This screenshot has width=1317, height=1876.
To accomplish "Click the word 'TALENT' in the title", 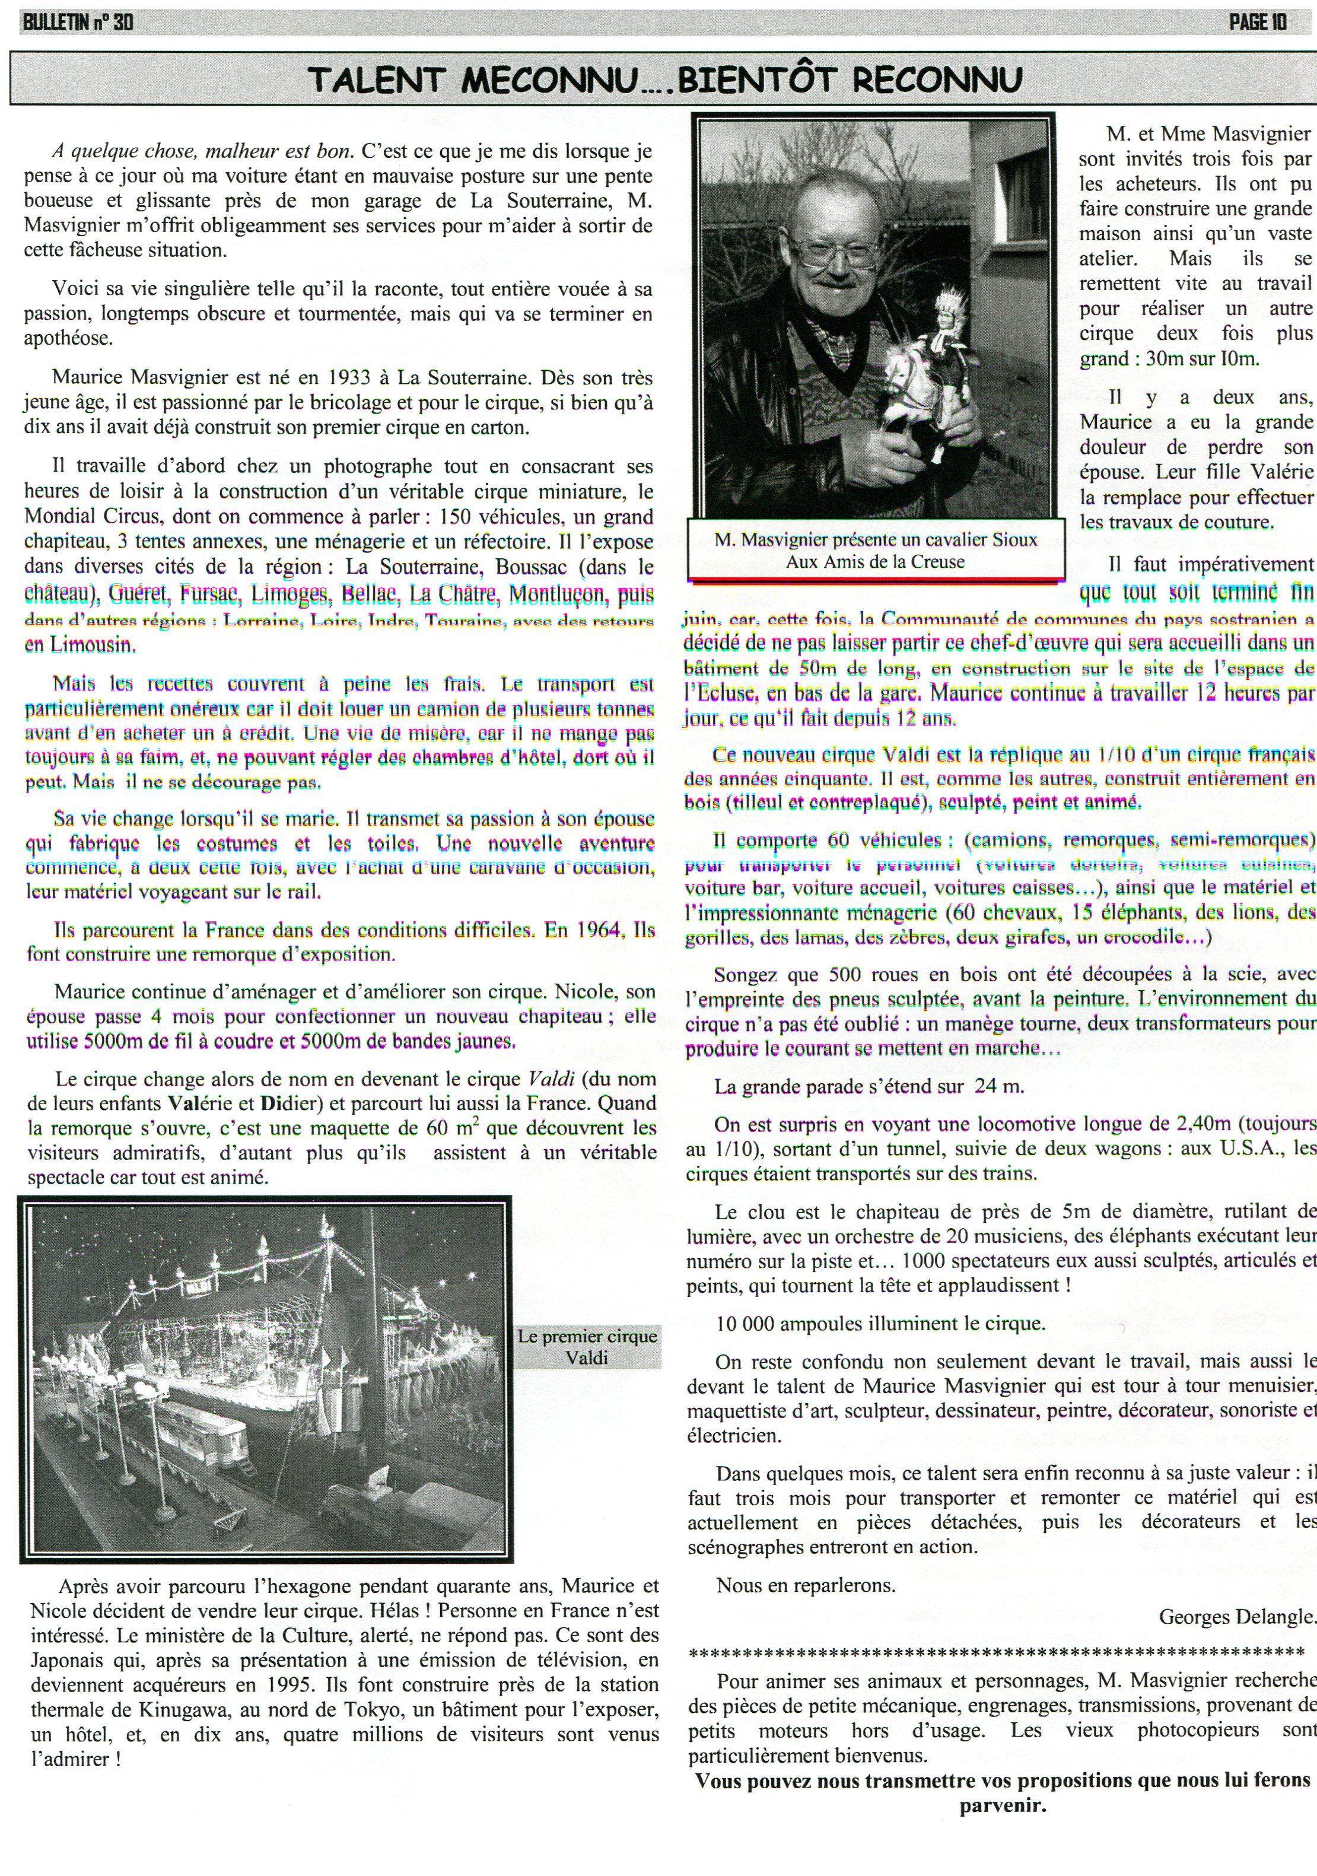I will tap(375, 80).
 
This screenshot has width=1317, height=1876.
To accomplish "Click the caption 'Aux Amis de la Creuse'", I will tap(875, 561).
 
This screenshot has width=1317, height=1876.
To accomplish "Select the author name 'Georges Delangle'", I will tap(1236, 1616).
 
